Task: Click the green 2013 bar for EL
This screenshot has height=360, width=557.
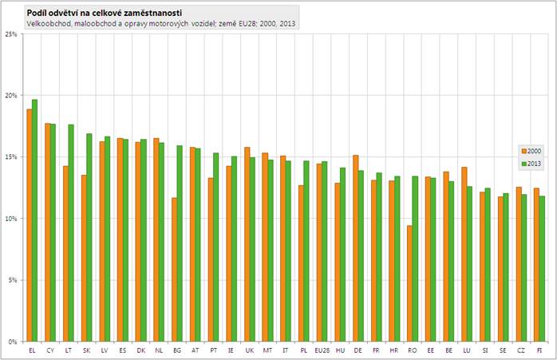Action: pos(34,220)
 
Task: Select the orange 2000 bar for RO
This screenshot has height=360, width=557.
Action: pos(410,283)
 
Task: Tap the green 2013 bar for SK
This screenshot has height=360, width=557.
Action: pos(89,237)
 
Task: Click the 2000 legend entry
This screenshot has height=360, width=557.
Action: pos(529,150)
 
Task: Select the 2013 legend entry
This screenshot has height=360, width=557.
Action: pos(529,162)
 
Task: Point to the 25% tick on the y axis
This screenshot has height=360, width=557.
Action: pos(11,34)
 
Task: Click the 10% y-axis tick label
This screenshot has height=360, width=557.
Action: pos(11,219)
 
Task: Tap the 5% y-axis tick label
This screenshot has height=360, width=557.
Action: pos(13,280)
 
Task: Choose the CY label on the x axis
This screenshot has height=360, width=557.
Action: pos(49,350)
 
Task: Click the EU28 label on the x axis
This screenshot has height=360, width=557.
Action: pos(322,350)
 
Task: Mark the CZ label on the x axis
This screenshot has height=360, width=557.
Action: pos(521,350)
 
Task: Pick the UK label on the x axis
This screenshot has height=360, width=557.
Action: pos(249,350)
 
